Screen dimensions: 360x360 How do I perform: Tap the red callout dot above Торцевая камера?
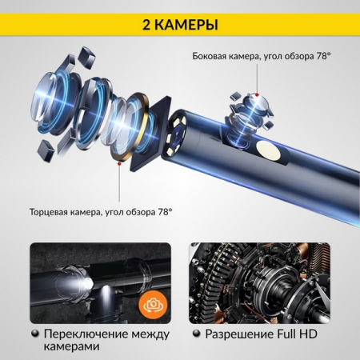(x=119, y=163)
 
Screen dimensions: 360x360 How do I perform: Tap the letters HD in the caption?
(x=320, y=332)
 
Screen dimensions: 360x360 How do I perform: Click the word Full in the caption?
(x=297, y=332)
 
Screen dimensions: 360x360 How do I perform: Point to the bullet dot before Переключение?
(x=34, y=332)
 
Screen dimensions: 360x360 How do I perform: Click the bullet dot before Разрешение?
(x=195, y=332)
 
